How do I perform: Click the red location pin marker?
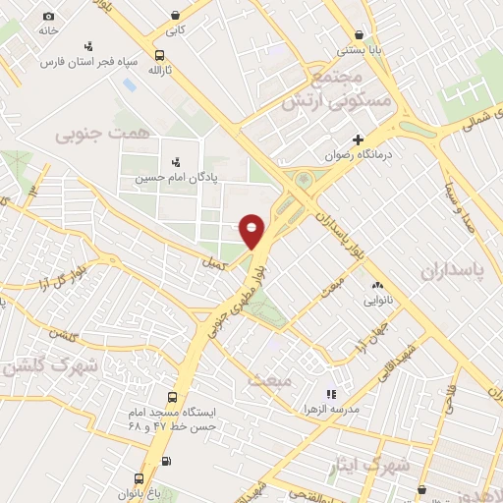tap(252, 229)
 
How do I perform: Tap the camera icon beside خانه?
tap(49, 17)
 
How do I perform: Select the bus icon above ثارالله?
tap(160, 56)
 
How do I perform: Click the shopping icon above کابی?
tap(175, 15)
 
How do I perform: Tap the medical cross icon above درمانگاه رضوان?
tap(359, 140)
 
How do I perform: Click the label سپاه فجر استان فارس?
tap(78, 61)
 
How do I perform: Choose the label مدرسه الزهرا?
tap(331, 408)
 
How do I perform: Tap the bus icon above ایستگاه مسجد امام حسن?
tap(173, 398)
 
